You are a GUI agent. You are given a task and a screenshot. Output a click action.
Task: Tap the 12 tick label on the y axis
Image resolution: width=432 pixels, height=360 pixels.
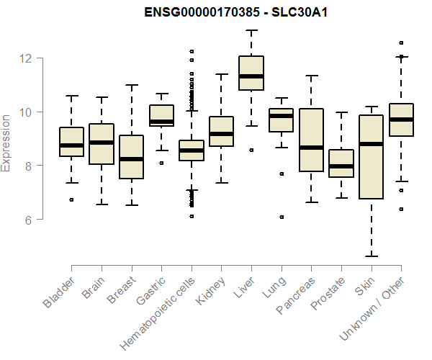(x=29, y=58)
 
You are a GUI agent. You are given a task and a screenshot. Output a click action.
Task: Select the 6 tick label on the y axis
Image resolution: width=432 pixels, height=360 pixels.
(x=29, y=219)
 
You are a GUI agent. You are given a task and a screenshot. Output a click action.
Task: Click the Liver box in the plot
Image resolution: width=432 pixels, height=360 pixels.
(x=251, y=73)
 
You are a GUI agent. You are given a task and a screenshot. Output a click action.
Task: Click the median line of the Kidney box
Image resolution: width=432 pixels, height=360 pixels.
(x=221, y=134)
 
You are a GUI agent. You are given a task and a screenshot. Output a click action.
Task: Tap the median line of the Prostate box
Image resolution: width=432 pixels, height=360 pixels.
(x=341, y=166)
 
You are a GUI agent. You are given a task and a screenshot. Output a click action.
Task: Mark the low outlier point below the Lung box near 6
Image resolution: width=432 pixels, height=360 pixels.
(x=281, y=217)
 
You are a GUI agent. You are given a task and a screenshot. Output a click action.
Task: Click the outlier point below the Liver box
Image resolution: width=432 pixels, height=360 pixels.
(x=251, y=150)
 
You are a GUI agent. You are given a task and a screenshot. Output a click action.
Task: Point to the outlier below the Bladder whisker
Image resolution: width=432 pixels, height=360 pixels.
(x=71, y=199)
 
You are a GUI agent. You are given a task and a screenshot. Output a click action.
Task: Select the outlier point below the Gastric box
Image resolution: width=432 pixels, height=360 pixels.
(x=161, y=163)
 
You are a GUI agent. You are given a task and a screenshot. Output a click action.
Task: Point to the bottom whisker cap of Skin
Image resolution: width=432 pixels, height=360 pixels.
(x=370, y=256)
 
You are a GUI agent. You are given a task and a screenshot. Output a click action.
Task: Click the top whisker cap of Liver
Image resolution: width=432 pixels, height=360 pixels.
(x=251, y=30)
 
